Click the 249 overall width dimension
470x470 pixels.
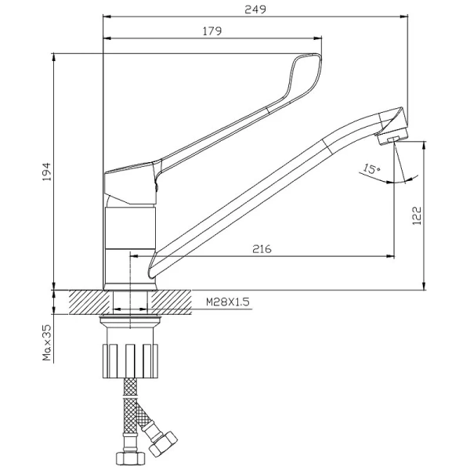tap(255, 9)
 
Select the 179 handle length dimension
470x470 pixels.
tap(212, 31)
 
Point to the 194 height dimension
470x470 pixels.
tap(46, 172)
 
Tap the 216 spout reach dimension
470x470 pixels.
tap(262, 249)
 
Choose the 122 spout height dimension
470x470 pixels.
tap(417, 215)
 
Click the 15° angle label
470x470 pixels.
tap(371, 169)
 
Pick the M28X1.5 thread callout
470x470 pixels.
tap(227, 302)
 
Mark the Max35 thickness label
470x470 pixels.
tap(47, 342)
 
